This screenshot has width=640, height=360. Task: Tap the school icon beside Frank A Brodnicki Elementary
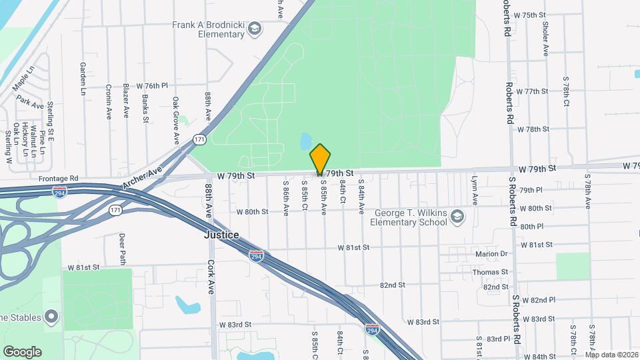point(254,29)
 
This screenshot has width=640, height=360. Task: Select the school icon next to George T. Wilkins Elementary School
point(457,217)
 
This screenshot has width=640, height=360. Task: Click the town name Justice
point(221,235)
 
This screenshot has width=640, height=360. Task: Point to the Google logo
point(22,351)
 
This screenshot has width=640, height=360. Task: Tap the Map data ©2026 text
point(611,354)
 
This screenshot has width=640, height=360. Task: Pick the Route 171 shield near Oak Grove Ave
point(199,139)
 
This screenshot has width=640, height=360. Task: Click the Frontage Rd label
point(59,179)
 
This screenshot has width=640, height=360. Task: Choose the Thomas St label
point(490,272)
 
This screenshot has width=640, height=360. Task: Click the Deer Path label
point(122,249)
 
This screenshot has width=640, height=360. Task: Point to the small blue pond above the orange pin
point(305,141)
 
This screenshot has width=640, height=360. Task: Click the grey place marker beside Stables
point(51,317)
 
